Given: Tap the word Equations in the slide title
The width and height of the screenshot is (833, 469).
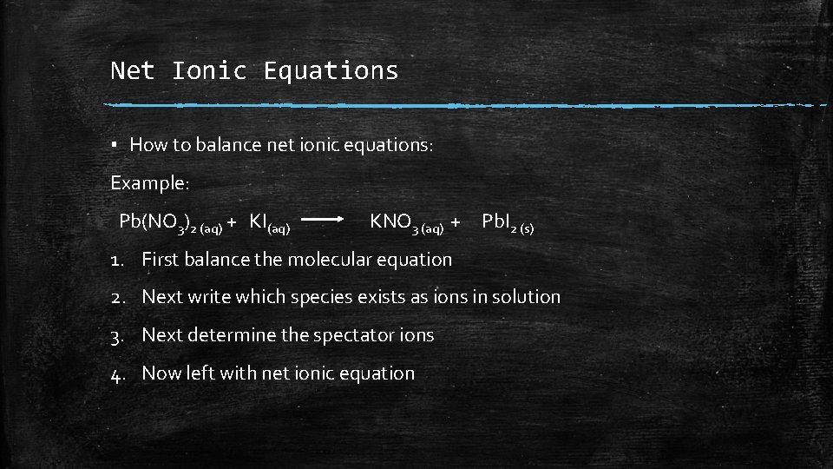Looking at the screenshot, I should pos(331,70).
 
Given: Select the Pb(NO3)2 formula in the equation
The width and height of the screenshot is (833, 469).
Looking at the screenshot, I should pos(170,222).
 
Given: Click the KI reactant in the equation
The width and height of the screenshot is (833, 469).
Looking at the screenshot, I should pos(268,222).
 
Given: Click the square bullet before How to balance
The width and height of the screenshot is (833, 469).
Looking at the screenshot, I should pos(115,145).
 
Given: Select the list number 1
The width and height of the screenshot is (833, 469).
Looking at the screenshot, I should pos(115,259).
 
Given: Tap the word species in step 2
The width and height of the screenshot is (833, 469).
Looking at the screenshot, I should pos(320,297).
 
